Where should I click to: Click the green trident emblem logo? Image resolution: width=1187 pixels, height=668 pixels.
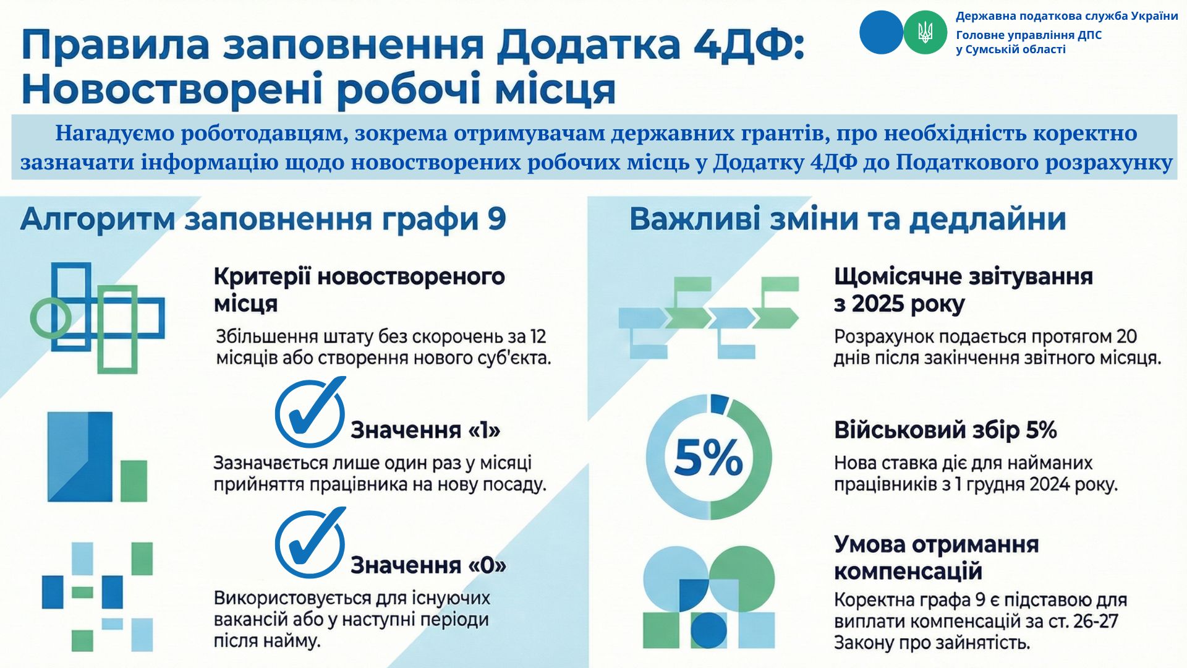[925, 32]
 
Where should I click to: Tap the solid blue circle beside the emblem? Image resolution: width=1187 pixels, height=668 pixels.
[881, 32]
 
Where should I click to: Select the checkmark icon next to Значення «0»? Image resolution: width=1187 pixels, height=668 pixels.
[310, 542]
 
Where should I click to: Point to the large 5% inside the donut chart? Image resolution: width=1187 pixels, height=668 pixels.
[708, 458]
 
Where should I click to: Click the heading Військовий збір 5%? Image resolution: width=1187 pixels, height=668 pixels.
[945, 430]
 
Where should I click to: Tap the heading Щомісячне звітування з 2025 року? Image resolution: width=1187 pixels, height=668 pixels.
[963, 290]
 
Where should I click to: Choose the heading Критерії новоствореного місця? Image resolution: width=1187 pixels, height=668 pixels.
[359, 290]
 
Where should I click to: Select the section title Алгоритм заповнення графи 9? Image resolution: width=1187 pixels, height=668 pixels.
[263, 220]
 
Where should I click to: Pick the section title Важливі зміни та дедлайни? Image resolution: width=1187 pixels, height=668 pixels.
[848, 220]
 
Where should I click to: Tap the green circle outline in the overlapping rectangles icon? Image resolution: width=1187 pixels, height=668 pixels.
[51, 318]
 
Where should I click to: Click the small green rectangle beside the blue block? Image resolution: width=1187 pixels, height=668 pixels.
[134, 481]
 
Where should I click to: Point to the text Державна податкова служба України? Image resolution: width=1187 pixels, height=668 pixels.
[1067, 16]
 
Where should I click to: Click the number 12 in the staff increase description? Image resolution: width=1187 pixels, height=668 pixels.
[537, 337]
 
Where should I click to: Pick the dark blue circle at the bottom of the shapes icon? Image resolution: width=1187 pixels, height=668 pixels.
[708, 630]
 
